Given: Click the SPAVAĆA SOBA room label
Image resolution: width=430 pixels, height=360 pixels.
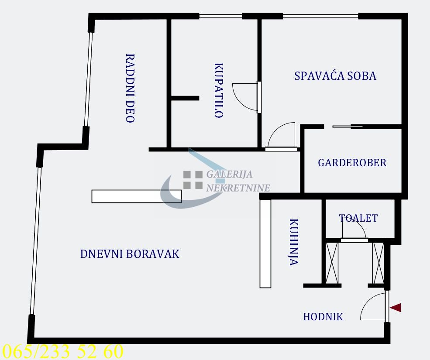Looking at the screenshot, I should (x=335, y=76).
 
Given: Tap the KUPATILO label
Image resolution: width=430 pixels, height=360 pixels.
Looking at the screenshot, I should (x=219, y=90).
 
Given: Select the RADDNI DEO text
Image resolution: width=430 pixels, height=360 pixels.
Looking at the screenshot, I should (x=130, y=88).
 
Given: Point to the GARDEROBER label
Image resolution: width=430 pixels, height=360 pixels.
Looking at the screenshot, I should (x=352, y=163).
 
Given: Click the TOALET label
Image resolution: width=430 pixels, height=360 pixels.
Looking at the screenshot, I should (x=358, y=218).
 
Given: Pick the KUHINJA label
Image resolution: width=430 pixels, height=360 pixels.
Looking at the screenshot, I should (x=293, y=242).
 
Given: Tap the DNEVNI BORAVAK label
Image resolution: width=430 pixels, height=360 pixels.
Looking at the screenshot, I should (x=130, y=254).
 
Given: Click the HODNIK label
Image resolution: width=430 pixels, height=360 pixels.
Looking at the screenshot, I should (x=323, y=317).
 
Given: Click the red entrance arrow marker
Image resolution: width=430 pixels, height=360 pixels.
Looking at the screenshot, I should (x=396, y=308).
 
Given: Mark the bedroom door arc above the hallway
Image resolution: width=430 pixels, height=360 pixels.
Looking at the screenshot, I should (x=282, y=135).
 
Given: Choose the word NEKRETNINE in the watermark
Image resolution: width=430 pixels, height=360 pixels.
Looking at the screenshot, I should (x=238, y=188).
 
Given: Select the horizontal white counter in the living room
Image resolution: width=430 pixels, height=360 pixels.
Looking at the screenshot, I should (x=136, y=196).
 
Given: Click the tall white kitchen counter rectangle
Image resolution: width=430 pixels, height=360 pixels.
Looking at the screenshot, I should (x=265, y=243).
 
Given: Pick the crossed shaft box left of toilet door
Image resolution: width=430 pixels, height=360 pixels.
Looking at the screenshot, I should (x=332, y=262).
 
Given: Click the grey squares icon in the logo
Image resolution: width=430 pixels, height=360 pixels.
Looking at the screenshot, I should (x=193, y=180).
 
